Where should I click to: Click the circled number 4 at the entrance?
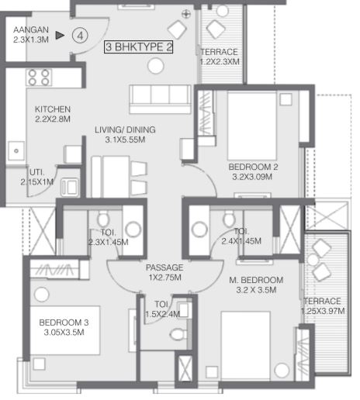[80, 36]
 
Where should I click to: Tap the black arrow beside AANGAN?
[60, 35]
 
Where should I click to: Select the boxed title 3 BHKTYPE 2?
[138, 47]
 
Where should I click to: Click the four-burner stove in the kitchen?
[39, 78]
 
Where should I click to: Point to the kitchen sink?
[16, 151]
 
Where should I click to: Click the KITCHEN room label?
[53, 109]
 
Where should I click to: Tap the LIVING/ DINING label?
[125, 129]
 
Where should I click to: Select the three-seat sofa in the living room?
[161, 99]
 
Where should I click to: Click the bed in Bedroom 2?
[252, 126]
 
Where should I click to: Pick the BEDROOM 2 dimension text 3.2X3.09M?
[252, 177]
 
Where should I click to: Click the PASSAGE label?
[164, 267]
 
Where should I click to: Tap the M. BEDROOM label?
[256, 280]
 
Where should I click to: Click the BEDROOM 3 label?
[64, 322]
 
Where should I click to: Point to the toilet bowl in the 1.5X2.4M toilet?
[178, 334]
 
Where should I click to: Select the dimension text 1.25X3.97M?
[323, 311]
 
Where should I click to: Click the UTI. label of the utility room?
[37, 172]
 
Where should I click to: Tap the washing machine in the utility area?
[69, 187]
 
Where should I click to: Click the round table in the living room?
[155, 66]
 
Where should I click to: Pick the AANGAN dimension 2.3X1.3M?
[31, 40]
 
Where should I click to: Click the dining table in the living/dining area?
[110, 177]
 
